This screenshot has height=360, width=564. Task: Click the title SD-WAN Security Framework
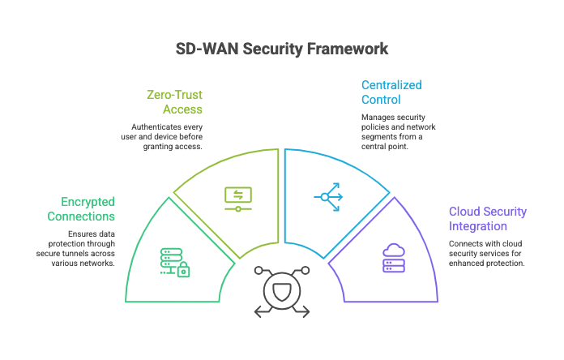(282, 49)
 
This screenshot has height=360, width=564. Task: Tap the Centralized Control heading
(391, 92)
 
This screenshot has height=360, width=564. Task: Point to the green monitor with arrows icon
(238, 198)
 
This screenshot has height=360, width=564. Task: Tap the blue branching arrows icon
(327, 196)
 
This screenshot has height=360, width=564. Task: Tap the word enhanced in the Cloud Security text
(467, 264)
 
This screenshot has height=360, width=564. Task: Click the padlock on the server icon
(184, 270)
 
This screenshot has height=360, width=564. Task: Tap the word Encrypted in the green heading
(87, 202)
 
